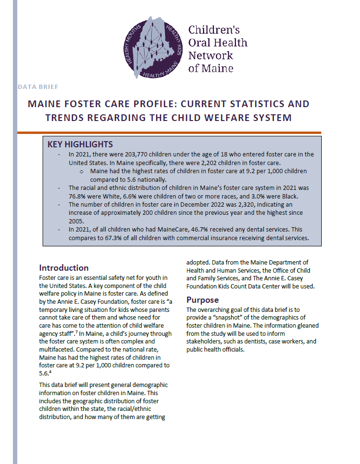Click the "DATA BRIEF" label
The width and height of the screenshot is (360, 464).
pos(38,87)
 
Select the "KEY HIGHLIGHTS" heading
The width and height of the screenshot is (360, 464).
pos(80,144)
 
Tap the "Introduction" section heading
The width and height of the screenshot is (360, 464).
pos(64,267)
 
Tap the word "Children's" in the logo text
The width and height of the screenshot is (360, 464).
pos(214,30)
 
